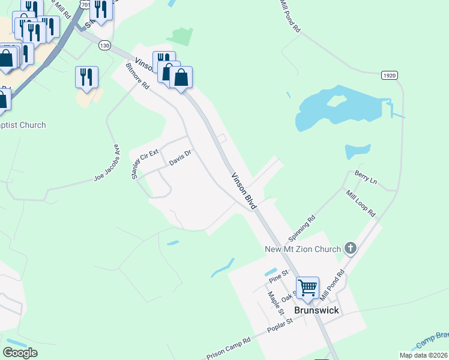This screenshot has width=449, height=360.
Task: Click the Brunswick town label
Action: point(316,310)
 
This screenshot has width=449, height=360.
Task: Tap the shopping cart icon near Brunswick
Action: point(307,287)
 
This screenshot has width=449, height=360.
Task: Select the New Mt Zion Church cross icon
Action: point(351,248)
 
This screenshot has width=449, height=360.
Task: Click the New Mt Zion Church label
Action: point(303,248)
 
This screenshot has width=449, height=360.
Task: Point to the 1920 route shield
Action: point(390,75)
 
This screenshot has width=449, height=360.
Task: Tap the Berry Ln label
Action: point(365,180)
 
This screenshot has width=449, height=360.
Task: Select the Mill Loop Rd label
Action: point(360,203)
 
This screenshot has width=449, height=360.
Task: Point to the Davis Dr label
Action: point(179,158)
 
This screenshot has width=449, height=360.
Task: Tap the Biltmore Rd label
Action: point(137,75)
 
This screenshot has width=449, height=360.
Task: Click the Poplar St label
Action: point(280,328)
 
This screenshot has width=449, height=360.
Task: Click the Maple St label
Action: point(276,303)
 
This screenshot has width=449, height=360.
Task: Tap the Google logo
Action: point(20,353)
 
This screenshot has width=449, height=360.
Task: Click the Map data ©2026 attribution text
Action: point(423,355)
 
